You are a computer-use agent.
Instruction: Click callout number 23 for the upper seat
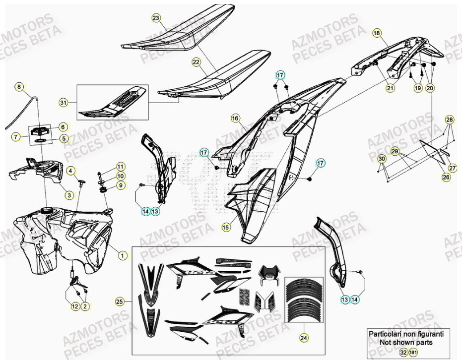156,18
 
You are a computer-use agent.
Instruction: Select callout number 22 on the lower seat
197,62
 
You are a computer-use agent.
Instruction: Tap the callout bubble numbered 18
377,33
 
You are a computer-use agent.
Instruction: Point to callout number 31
63,103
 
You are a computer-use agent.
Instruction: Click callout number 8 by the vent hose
19,87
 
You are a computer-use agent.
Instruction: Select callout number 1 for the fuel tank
122,255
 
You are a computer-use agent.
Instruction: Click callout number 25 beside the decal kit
119,301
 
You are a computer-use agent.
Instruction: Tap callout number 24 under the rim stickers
303,338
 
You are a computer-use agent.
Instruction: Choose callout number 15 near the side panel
226,227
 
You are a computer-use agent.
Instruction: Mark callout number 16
235,118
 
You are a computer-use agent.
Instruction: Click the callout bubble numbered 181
413,352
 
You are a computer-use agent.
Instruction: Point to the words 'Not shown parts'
405,342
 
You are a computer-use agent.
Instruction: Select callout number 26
446,177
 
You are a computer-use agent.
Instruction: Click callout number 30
381,159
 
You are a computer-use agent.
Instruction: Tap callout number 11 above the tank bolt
121,166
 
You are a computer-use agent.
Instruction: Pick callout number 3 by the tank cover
69,195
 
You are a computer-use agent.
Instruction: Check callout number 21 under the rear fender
391,88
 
